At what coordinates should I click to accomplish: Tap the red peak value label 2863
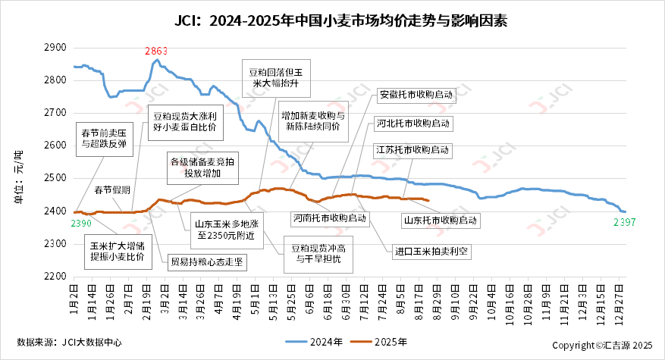[x=156, y=51]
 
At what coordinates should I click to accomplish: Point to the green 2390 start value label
[x=81, y=224]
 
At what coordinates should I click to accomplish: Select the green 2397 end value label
[x=623, y=222]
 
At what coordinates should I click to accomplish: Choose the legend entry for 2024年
[x=314, y=342]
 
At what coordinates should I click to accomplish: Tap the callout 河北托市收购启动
[x=412, y=123]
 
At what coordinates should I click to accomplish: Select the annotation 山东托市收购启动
[x=441, y=220]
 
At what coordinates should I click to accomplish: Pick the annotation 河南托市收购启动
[x=330, y=218]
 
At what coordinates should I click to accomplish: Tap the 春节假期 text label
[x=112, y=189]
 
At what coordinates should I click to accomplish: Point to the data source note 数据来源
[x=69, y=342]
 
